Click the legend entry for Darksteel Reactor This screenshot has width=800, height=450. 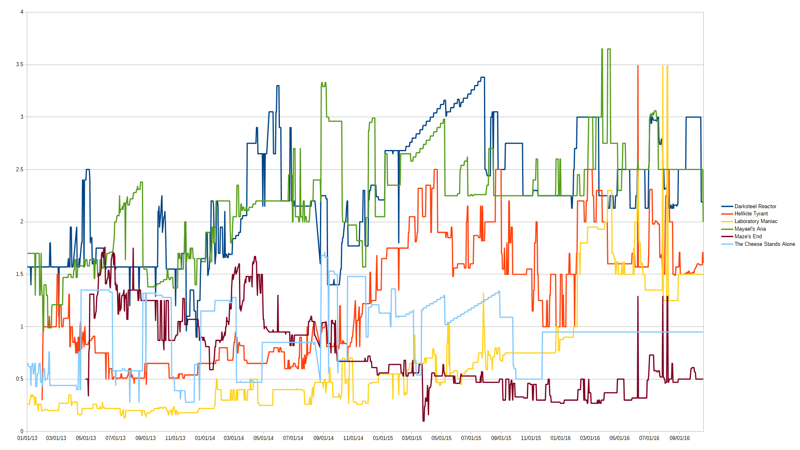(755, 206)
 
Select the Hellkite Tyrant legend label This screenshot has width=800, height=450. (751, 214)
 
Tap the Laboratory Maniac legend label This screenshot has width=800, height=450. (755, 221)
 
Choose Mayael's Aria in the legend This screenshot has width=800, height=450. (750, 229)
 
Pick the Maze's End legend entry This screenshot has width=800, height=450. (748, 237)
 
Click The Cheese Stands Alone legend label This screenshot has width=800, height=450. (764, 244)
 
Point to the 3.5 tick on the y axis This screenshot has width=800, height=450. (20, 65)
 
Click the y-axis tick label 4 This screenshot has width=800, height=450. (22, 12)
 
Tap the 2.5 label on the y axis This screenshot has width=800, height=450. (20, 170)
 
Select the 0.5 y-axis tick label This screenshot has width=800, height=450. (20, 379)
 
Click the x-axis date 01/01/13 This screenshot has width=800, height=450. (27, 438)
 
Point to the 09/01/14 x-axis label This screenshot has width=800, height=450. (324, 438)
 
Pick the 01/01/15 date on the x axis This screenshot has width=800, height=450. (383, 438)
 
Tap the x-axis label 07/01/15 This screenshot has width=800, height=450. (471, 438)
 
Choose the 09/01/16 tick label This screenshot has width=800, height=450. (680, 438)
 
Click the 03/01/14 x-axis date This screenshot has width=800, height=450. (234, 438)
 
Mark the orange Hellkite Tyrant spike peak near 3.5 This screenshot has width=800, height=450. (638, 66)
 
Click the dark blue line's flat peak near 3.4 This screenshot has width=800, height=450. (483, 77)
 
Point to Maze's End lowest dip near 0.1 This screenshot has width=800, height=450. (423, 420)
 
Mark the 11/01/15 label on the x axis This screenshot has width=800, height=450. (531, 438)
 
